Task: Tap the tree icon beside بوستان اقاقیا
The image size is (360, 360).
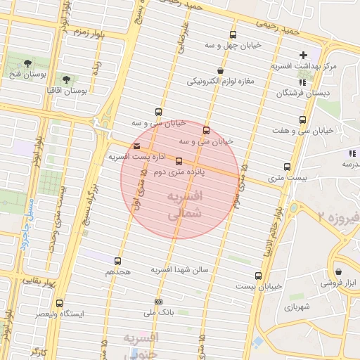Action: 67,79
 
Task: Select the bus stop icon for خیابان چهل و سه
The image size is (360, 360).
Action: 233,34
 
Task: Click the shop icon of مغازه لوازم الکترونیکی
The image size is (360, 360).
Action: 221,70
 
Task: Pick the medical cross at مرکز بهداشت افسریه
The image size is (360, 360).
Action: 303,55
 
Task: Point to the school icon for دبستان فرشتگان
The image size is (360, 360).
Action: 302,82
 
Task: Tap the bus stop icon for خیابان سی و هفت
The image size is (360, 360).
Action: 302,120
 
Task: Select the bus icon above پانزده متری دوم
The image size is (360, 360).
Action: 179,161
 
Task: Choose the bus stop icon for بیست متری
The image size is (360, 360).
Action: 287,167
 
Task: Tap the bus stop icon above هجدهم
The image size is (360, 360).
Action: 117,261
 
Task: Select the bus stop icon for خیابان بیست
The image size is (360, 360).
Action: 259,276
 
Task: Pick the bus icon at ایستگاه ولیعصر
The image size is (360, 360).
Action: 59,303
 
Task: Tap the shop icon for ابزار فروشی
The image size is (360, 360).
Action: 339,271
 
